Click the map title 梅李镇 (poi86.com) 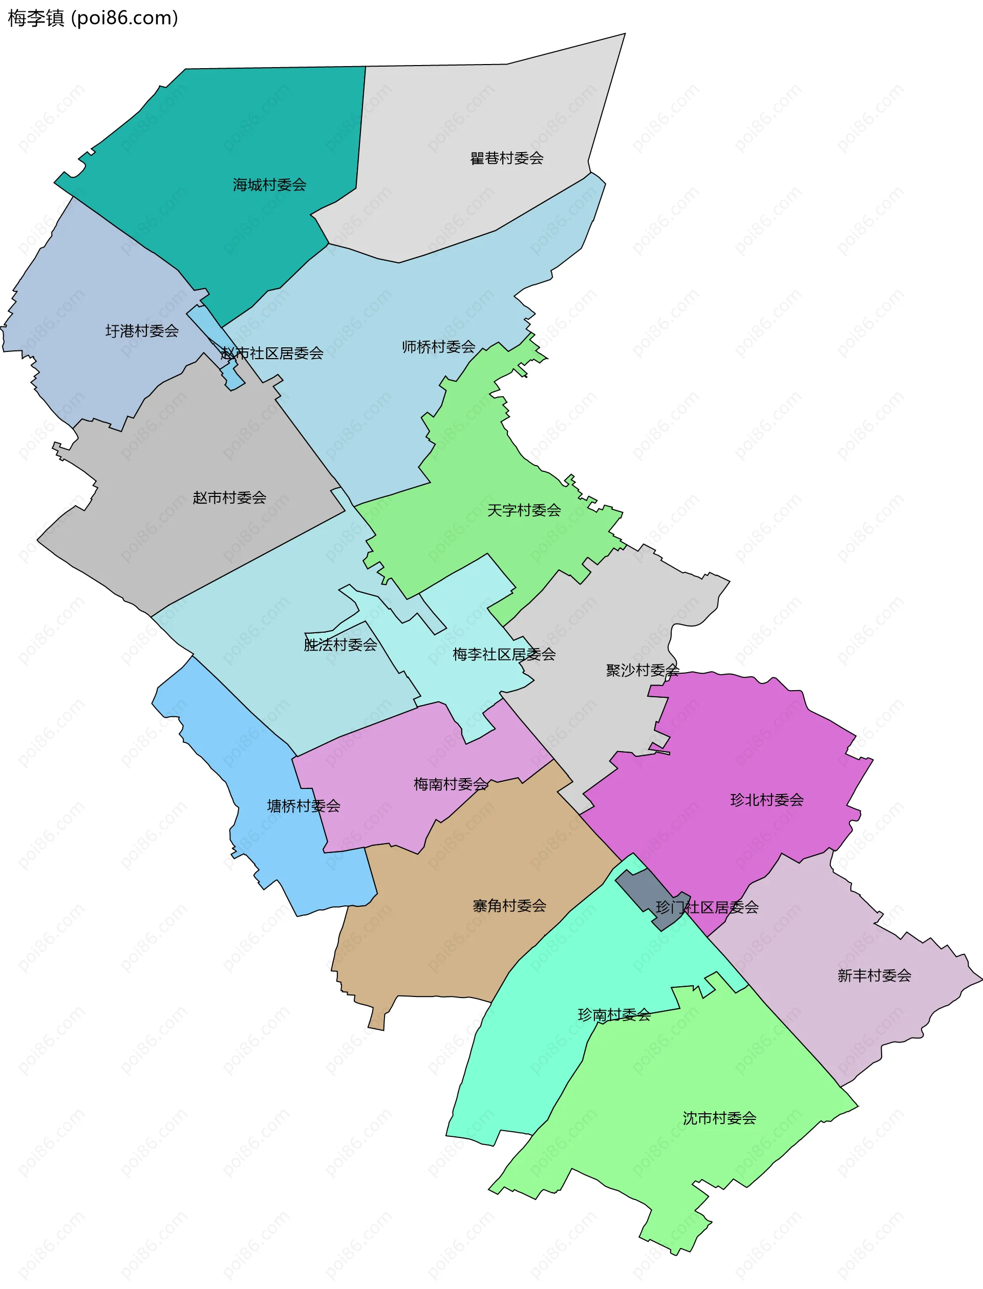click(93, 18)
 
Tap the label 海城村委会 click(269, 185)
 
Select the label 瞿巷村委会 click(507, 158)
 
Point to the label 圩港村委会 click(142, 331)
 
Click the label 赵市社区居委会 click(272, 354)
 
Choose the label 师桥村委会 click(438, 347)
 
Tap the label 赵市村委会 click(229, 497)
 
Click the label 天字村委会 click(524, 510)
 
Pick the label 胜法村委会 click(340, 645)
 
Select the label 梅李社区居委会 click(504, 654)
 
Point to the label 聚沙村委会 click(643, 670)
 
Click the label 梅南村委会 click(450, 784)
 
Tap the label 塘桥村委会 click(303, 806)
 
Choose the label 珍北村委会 click(766, 800)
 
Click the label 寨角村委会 click(509, 906)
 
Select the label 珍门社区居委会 click(707, 908)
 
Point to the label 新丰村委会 click(874, 976)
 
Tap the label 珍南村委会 click(614, 1015)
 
